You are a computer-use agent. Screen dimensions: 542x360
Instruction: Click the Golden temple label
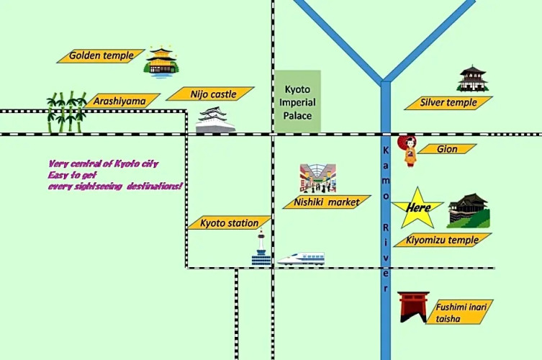pos(101,56)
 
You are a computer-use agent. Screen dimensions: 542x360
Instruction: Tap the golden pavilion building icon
pos(161,61)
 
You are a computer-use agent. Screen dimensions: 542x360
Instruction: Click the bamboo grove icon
pos(66,112)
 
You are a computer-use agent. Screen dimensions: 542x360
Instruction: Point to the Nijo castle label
pos(210,94)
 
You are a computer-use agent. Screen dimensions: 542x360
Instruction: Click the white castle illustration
pos(215,120)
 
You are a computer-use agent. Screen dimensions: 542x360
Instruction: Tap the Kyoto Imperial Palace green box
pos(297,101)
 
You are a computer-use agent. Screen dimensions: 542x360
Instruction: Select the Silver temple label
pos(448,103)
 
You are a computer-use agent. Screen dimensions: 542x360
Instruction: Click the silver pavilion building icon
pos(473,78)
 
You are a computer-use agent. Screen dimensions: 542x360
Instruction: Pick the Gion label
pos(447,149)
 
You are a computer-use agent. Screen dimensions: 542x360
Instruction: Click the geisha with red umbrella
pos(408,151)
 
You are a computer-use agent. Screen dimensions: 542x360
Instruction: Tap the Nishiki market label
pos(327,202)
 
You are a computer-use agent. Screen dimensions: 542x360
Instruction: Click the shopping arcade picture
pos(317,179)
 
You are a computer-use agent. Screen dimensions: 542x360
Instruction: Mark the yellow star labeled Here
pos(418,208)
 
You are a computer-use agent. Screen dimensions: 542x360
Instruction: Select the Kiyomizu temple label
pos(443,240)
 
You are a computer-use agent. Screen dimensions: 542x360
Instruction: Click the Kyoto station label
pos(229,222)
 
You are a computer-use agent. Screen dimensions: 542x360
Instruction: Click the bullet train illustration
pos(301,258)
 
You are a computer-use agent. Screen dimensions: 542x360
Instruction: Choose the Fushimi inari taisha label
pos(459,312)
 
